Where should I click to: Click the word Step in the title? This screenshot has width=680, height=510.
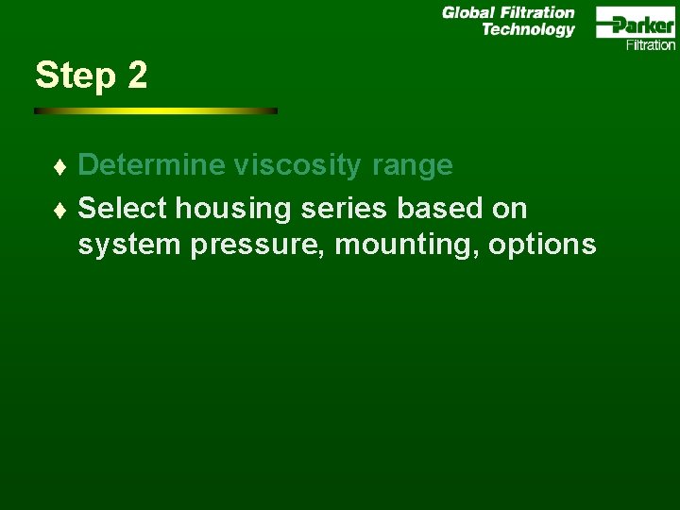75,76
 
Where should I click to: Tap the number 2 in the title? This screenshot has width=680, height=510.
137,76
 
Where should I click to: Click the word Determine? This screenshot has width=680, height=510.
152,165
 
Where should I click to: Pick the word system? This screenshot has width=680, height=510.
130,246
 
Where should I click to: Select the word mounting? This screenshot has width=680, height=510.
407,246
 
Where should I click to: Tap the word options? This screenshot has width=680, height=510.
542,246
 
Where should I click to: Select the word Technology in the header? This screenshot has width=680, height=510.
528,29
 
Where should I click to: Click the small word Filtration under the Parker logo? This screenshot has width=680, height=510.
651,44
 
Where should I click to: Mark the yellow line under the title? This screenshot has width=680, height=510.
156,110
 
